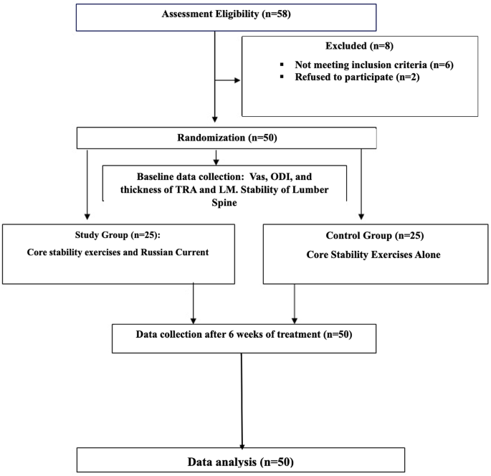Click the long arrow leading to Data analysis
[244, 401]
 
